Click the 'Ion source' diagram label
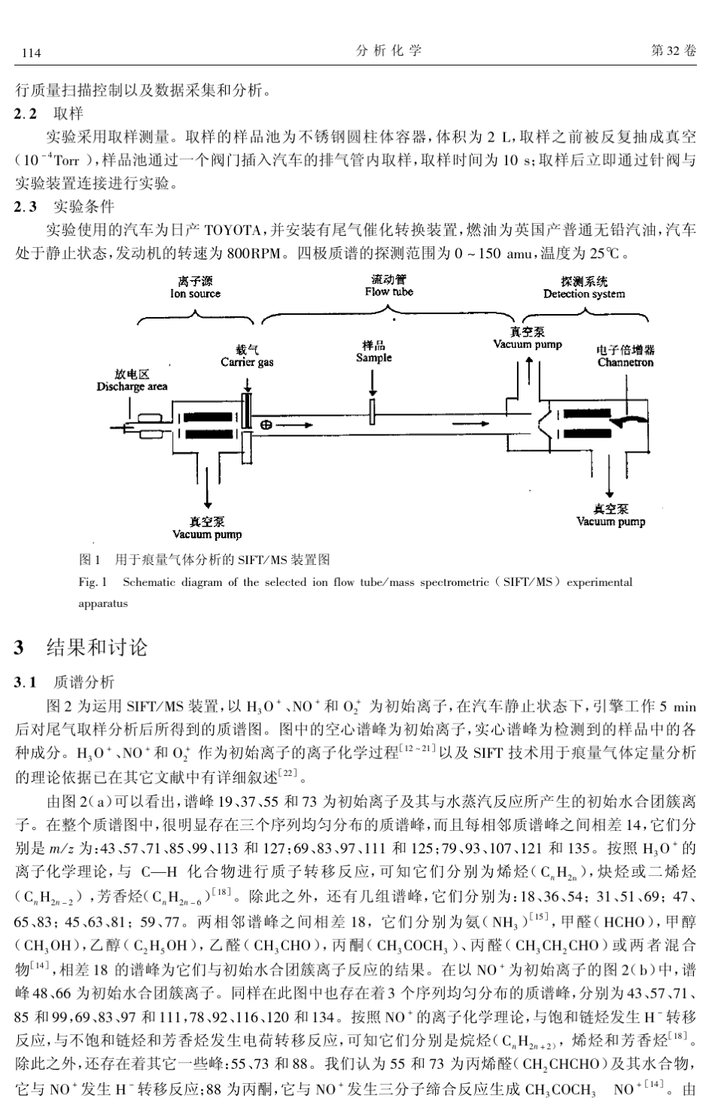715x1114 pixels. [x=195, y=294]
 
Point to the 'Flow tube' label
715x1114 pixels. [x=389, y=291]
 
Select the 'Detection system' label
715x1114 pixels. [x=584, y=294]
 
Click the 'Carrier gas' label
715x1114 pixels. [x=247, y=362]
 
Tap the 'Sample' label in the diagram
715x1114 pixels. [x=374, y=358]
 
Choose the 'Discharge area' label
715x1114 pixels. [x=132, y=386]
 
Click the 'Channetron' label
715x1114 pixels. [x=625, y=362]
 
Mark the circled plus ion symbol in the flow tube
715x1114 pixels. [x=266, y=425]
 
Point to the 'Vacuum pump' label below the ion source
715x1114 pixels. [x=207, y=534]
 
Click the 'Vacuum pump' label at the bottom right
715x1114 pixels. [x=610, y=521]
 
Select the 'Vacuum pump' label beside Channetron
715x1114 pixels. [x=528, y=344]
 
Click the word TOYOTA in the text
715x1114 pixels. [x=233, y=230]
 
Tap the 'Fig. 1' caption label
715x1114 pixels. [x=93, y=582]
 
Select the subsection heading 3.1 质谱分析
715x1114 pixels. [x=65, y=682]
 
